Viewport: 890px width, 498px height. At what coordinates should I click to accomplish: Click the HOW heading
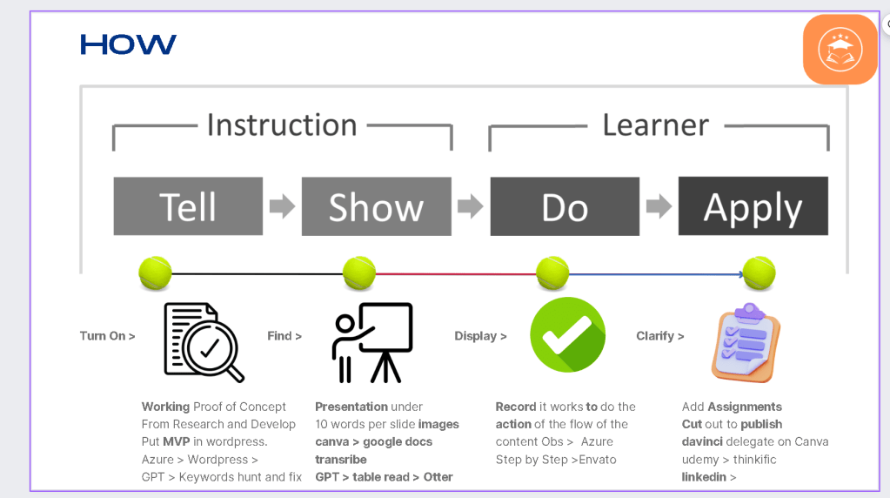point(128,44)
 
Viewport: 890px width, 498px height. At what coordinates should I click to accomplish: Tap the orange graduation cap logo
point(840,50)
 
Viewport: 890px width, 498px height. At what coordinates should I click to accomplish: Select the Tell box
point(188,206)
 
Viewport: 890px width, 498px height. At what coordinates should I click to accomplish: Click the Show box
point(377,206)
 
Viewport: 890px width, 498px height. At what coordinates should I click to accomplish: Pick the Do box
point(565,206)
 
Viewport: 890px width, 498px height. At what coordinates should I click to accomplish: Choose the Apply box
point(753,205)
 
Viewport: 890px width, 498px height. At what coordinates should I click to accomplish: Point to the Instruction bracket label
point(282,124)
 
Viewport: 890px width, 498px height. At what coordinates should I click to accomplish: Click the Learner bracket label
point(656,124)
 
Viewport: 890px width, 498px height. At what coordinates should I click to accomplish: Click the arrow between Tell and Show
point(282,206)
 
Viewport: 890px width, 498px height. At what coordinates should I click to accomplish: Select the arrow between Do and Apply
point(659,206)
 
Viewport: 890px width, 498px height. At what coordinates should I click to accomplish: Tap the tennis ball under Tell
point(155,273)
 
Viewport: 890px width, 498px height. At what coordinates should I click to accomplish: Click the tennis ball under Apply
point(759,273)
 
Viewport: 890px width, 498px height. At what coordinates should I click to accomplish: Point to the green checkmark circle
point(567,335)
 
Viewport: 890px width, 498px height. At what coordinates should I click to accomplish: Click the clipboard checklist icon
point(746,343)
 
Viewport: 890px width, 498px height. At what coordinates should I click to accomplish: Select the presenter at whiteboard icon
point(372,342)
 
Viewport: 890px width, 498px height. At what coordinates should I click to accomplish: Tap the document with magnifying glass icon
point(204,342)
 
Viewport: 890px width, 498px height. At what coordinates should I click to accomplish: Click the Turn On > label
point(107,336)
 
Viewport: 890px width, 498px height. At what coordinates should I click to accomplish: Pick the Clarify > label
point(660,336)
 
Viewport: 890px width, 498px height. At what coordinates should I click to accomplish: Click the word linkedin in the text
point(704,477)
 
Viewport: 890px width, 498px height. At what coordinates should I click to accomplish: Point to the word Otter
point(438,477)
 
